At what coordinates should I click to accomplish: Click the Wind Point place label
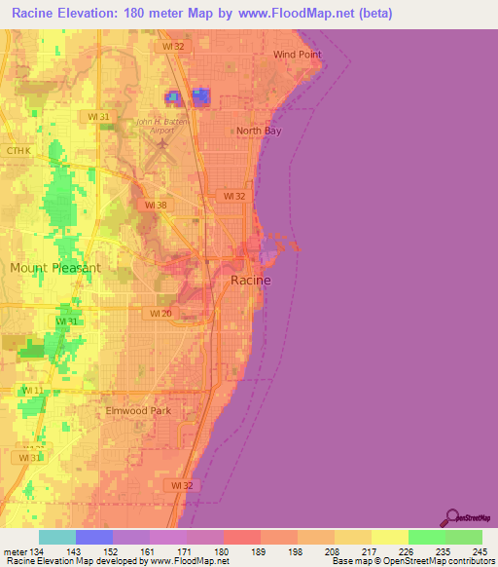coord(297,55)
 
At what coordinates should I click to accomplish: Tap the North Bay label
coord(260,131)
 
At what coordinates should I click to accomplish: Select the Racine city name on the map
coord(250,280)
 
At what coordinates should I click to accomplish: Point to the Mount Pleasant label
coord(55,267)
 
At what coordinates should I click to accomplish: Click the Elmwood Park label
coord(138,411)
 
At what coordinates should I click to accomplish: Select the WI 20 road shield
coord(161,314)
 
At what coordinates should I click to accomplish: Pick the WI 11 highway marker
coord(31,391)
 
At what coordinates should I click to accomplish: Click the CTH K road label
coord(18,151)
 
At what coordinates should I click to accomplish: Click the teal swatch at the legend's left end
coord(57,538)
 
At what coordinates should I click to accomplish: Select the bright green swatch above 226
coord(426,538)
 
